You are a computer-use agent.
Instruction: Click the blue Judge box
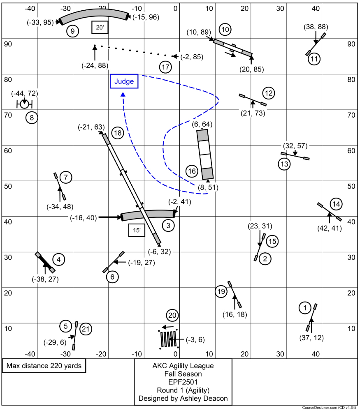(x=124, y=81)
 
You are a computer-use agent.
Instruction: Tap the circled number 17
(x=165, y=67)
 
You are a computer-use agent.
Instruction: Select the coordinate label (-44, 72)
(x=24, y=94)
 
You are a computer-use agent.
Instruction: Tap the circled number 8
(x=32, y=118)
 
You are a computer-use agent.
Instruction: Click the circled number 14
(x=336, y=204)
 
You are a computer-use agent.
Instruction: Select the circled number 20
(x=173, y=316)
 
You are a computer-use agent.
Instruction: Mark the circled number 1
(x=305, y=307)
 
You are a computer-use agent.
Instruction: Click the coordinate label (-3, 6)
(x=195, y=339)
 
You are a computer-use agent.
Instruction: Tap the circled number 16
(x=191, y=171)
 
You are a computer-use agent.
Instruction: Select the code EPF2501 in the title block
(x=183, y=382)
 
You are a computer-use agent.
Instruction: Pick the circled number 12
(x=269, y=94)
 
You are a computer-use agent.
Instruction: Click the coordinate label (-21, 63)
(x=91, y=127)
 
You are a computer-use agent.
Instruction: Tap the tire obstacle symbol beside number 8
(x=24, y=104)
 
